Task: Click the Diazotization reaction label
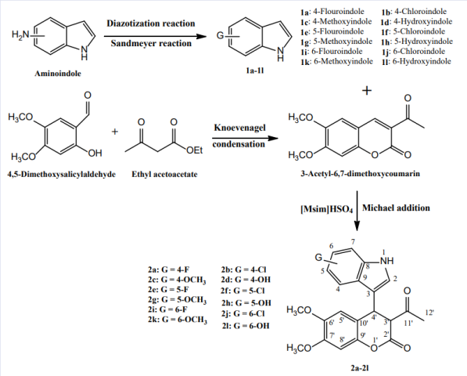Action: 151,23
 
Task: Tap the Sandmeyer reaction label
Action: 151,44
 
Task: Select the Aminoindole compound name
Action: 58,74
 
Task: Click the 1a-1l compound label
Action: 255,70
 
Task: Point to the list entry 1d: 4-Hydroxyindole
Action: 416,21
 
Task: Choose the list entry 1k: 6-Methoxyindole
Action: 336,61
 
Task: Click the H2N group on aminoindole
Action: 20,34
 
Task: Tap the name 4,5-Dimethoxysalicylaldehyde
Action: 62,174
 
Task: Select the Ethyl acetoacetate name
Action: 164,174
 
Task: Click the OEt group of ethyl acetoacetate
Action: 195,150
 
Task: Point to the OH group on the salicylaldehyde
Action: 95,154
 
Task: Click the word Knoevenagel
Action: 239,128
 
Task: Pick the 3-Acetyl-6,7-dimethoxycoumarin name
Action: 360,174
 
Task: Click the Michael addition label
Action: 396,208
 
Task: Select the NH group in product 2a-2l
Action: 387,261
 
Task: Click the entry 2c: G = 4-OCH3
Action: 177,280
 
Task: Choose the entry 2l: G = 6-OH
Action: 246,326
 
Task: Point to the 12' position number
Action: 429,313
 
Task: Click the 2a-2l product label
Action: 360,368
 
